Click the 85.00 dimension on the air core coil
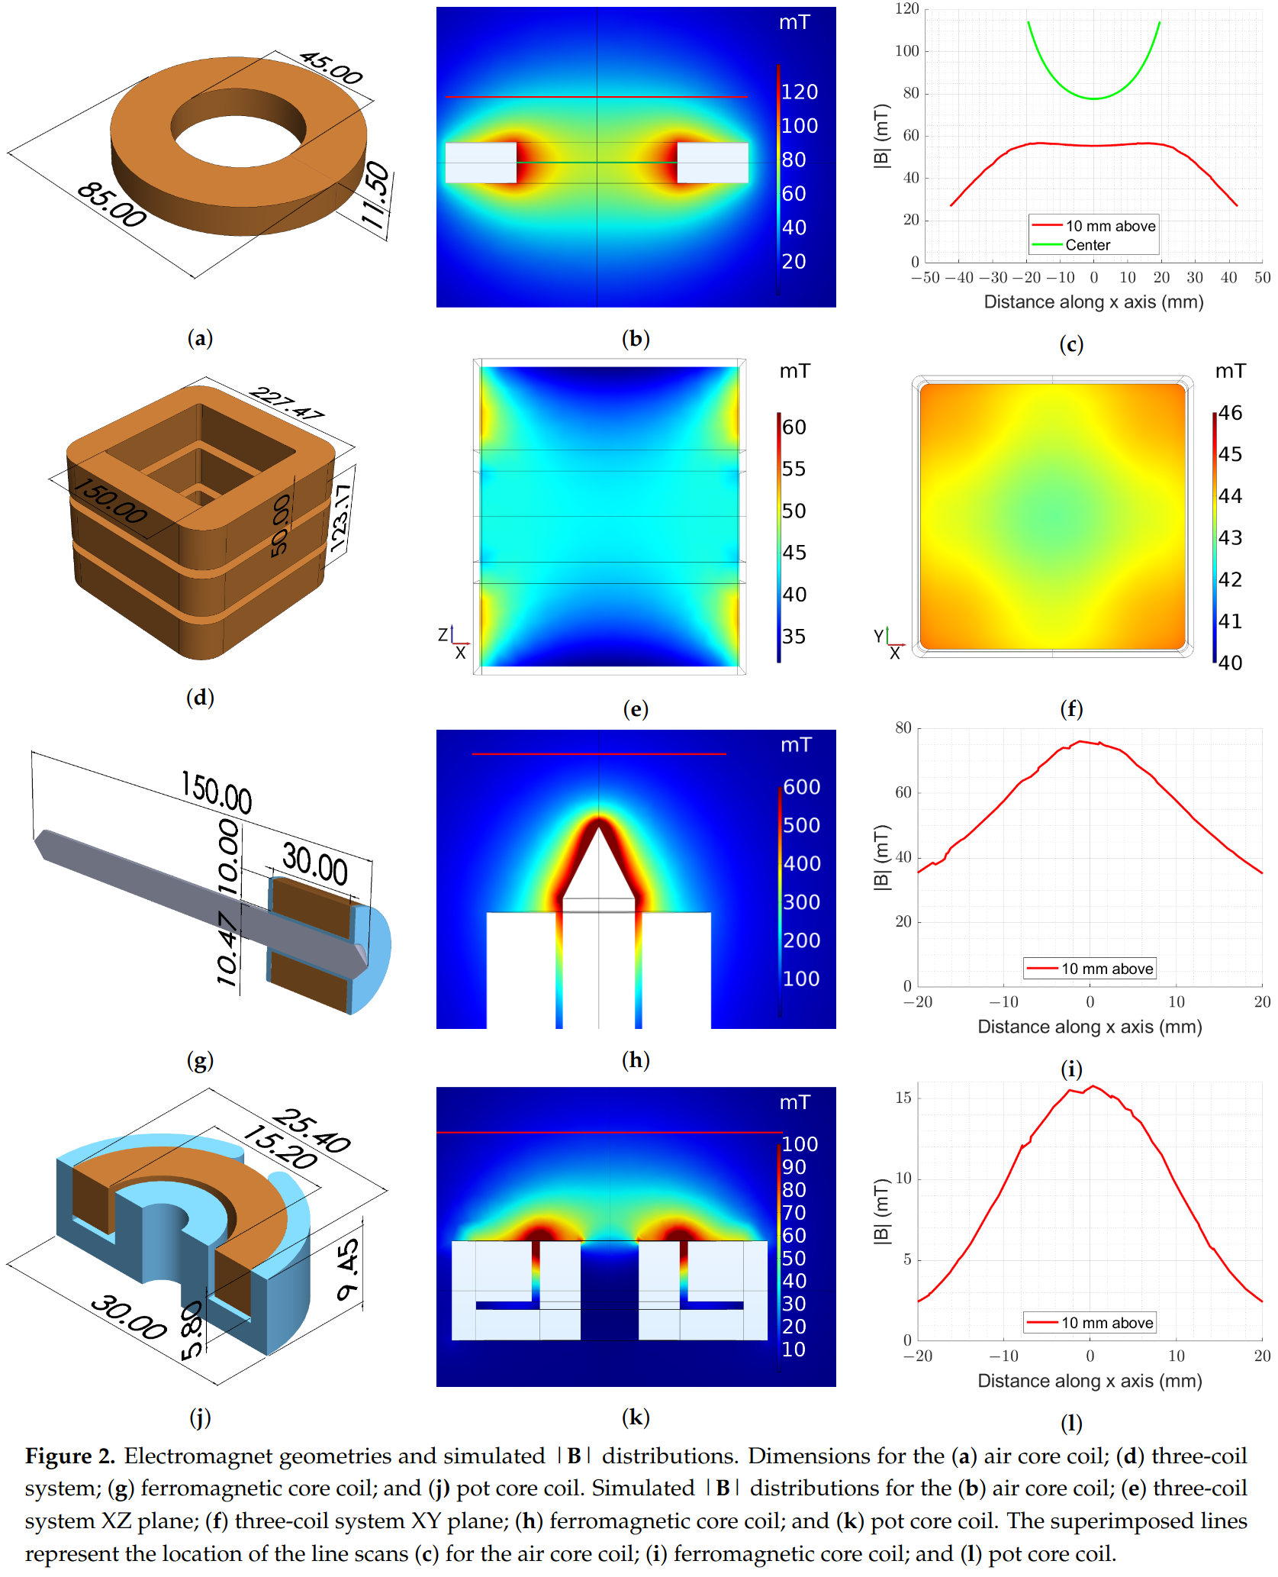tap(111, 205)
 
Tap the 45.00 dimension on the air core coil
tap(330, 68)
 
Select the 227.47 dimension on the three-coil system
tap(286, 403)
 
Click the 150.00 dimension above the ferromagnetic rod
tap(216, 792)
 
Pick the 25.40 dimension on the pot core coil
tap(311, 1130)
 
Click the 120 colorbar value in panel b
tap(799, 92)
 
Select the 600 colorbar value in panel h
tap(801, 787)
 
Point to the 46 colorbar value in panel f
tap(1230, 413)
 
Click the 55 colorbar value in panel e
tap(794, 469)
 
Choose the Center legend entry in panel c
tap(1087, 245)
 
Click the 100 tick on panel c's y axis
tap(907, 51)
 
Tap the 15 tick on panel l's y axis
tap(903, 1098)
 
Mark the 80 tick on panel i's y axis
tap(903, 727)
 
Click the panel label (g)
tap(200, 1059)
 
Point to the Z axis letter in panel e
tap(443, 634)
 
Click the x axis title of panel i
tap(1090, 1027)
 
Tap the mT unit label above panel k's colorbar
tap(794, 1102)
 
